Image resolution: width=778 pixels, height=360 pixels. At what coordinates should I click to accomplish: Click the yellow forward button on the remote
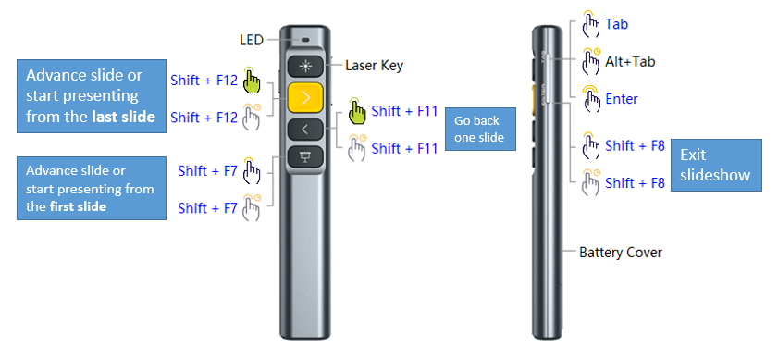point(304,96)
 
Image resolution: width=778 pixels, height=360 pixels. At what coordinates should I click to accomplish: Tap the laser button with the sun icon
point(304,66)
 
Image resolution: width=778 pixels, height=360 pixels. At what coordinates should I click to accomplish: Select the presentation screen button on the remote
point(304,157)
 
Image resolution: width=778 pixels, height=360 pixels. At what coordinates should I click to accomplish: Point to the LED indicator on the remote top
point(304,41)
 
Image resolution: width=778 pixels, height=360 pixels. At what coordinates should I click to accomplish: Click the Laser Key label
point(374,66)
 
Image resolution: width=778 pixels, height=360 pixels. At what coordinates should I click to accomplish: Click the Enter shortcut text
point(622,99)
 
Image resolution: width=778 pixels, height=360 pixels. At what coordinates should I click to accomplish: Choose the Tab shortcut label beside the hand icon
point(617,24)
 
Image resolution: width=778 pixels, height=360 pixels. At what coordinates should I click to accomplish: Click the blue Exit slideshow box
point(715,165)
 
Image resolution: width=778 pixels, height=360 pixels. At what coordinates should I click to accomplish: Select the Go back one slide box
point(479,129)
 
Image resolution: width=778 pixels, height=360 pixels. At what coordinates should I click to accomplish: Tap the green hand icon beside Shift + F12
point(251,81)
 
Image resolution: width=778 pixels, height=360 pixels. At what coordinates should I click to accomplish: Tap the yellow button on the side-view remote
point(536,98)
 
